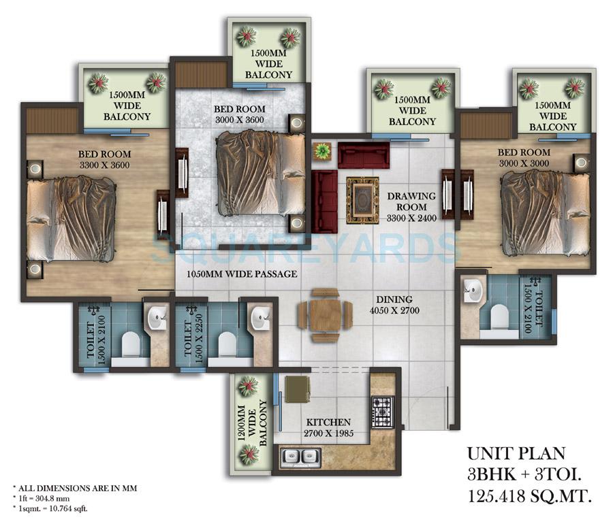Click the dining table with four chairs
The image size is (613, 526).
[325, 315]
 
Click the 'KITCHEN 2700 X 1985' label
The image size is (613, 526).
[328, 428]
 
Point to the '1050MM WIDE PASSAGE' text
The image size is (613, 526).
[242, 274]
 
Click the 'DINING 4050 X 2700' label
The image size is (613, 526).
[395, 305]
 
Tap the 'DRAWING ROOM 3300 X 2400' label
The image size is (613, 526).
[407, 201]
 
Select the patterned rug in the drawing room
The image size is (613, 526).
[362, 199]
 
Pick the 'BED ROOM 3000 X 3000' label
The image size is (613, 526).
[524, 158]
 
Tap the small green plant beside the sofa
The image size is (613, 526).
[321, 150]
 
